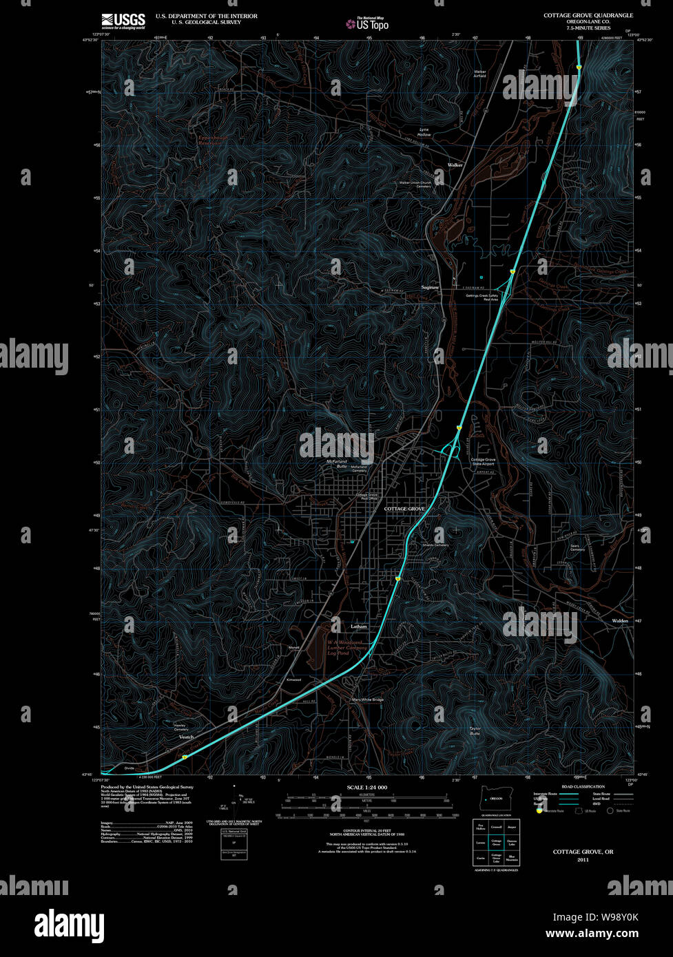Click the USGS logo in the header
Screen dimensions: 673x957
coord(123,21)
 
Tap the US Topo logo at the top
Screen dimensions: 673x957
coord(369,24)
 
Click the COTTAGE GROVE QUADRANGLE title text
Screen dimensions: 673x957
coord(588,15)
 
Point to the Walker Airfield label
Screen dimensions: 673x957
coord(480,74)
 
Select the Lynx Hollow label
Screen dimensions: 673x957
coord(424,132)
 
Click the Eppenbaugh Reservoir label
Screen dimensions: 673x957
coord(212,140)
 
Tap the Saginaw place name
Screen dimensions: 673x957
coord(430,287)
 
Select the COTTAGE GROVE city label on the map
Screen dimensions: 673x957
coord(404,508)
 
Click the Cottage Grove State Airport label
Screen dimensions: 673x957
coord(483,461)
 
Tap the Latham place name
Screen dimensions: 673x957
coord(358,627)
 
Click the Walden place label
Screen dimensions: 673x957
coord(619,621)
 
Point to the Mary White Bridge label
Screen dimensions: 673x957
coord(367,700)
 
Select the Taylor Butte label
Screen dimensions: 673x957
coord(475,730)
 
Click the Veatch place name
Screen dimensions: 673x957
coord(186,737)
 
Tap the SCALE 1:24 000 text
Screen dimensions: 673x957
coord(367,787)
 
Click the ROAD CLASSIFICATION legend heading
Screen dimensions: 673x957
coord(583,786)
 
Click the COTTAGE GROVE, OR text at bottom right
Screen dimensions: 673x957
coord(583,852)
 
